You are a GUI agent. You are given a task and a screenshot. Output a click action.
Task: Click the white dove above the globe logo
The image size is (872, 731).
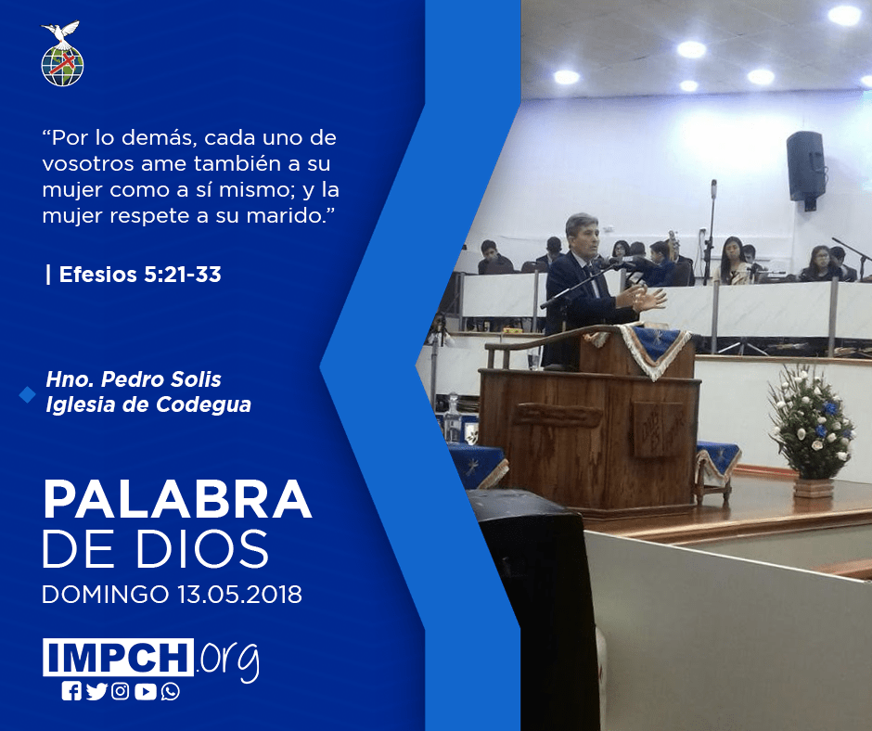[x=60, y=32]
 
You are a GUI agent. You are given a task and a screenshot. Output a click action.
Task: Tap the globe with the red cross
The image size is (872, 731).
[x=62, y=66]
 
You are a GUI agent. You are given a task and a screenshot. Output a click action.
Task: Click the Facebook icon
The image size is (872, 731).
[x=71, y=691]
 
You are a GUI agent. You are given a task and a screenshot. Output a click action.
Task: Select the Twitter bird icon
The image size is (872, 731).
[x=96, y=691]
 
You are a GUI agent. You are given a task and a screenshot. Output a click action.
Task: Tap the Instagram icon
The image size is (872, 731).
[x=120, y=691]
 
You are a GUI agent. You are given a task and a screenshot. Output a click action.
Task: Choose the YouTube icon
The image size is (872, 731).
[x=146, y=691]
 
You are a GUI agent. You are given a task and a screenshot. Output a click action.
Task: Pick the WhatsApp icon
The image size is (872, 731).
[x=170, y=691]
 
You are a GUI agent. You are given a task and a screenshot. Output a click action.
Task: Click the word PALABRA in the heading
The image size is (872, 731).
[x=177, y=500]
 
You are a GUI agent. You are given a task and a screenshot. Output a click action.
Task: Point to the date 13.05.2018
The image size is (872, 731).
[x=239, y=594]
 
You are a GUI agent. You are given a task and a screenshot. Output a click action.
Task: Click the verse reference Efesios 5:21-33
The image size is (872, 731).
[x=140, y=275]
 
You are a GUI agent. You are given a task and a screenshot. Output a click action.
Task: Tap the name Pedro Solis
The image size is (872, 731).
[x=161, y=379]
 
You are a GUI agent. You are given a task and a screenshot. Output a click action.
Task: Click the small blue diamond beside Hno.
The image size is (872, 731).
[x=27, y=395]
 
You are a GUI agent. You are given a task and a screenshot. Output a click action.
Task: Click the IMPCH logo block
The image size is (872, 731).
[x=118, y=657]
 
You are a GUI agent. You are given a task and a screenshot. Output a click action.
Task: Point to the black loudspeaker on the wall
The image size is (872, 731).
[x=806, y=169]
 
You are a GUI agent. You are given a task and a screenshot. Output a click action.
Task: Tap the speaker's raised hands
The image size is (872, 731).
[x=643, y=298]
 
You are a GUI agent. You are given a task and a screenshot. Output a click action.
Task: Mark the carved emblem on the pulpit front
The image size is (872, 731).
[x=659, y=429]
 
